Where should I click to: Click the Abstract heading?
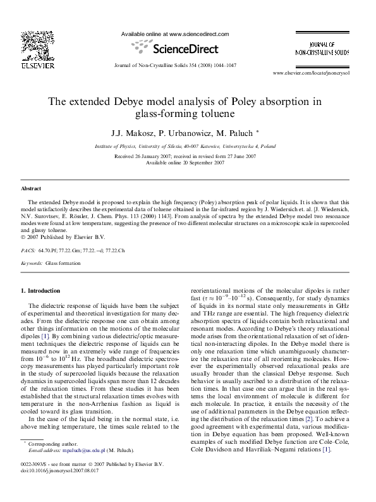[x=31, y=188]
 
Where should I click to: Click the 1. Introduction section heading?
[x=40, y=290]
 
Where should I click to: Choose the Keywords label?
[x=32, y=262]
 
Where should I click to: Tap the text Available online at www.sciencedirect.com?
[x=174, y=34]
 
